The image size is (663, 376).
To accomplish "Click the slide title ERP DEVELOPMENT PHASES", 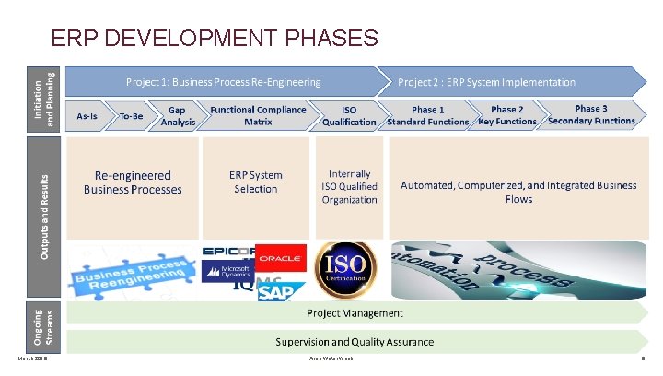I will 215,38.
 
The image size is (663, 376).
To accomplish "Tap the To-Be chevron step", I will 132,116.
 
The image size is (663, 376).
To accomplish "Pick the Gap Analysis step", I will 178,115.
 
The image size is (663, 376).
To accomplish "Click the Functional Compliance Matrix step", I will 258,115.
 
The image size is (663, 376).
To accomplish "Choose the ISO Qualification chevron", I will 349,115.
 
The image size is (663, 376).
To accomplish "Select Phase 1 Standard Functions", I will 428,115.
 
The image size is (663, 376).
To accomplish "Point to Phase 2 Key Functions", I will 507,115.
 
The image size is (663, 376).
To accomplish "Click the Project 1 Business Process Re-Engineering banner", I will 224,82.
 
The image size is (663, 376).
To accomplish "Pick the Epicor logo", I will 227,251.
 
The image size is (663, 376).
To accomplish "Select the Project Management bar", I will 355,313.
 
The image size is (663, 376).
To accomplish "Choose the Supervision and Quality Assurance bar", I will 355,341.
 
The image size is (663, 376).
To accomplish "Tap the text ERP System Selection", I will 256,182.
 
